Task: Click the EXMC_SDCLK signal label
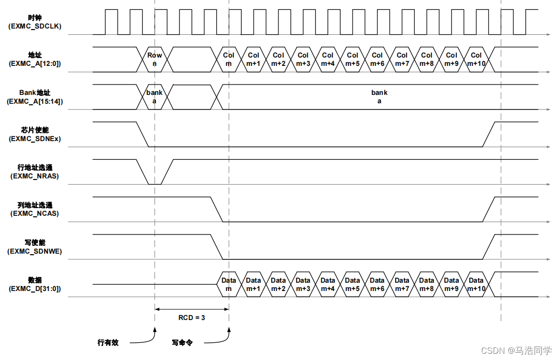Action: (35, 26)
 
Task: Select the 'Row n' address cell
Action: (155, 59)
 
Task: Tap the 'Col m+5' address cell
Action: (353, 59)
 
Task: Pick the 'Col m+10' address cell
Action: (476, 59)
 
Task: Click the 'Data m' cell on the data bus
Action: (229, 284)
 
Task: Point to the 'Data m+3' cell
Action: (303, 284)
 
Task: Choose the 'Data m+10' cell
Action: (476, 284)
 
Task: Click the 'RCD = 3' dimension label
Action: (191, 317)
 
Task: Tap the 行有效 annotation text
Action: (108, 342)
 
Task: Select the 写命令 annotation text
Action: (182, 342)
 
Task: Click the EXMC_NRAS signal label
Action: (35, 176)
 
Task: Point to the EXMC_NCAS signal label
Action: (35, 213)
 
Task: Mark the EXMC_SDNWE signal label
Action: (35, 251)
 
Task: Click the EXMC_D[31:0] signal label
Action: (35, 289)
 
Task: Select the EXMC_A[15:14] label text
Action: (35, 102)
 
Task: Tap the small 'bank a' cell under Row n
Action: (155, 96)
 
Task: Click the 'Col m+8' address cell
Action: (427, 59)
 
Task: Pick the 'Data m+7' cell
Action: (402, 284)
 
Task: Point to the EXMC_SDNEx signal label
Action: (35, 139)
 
